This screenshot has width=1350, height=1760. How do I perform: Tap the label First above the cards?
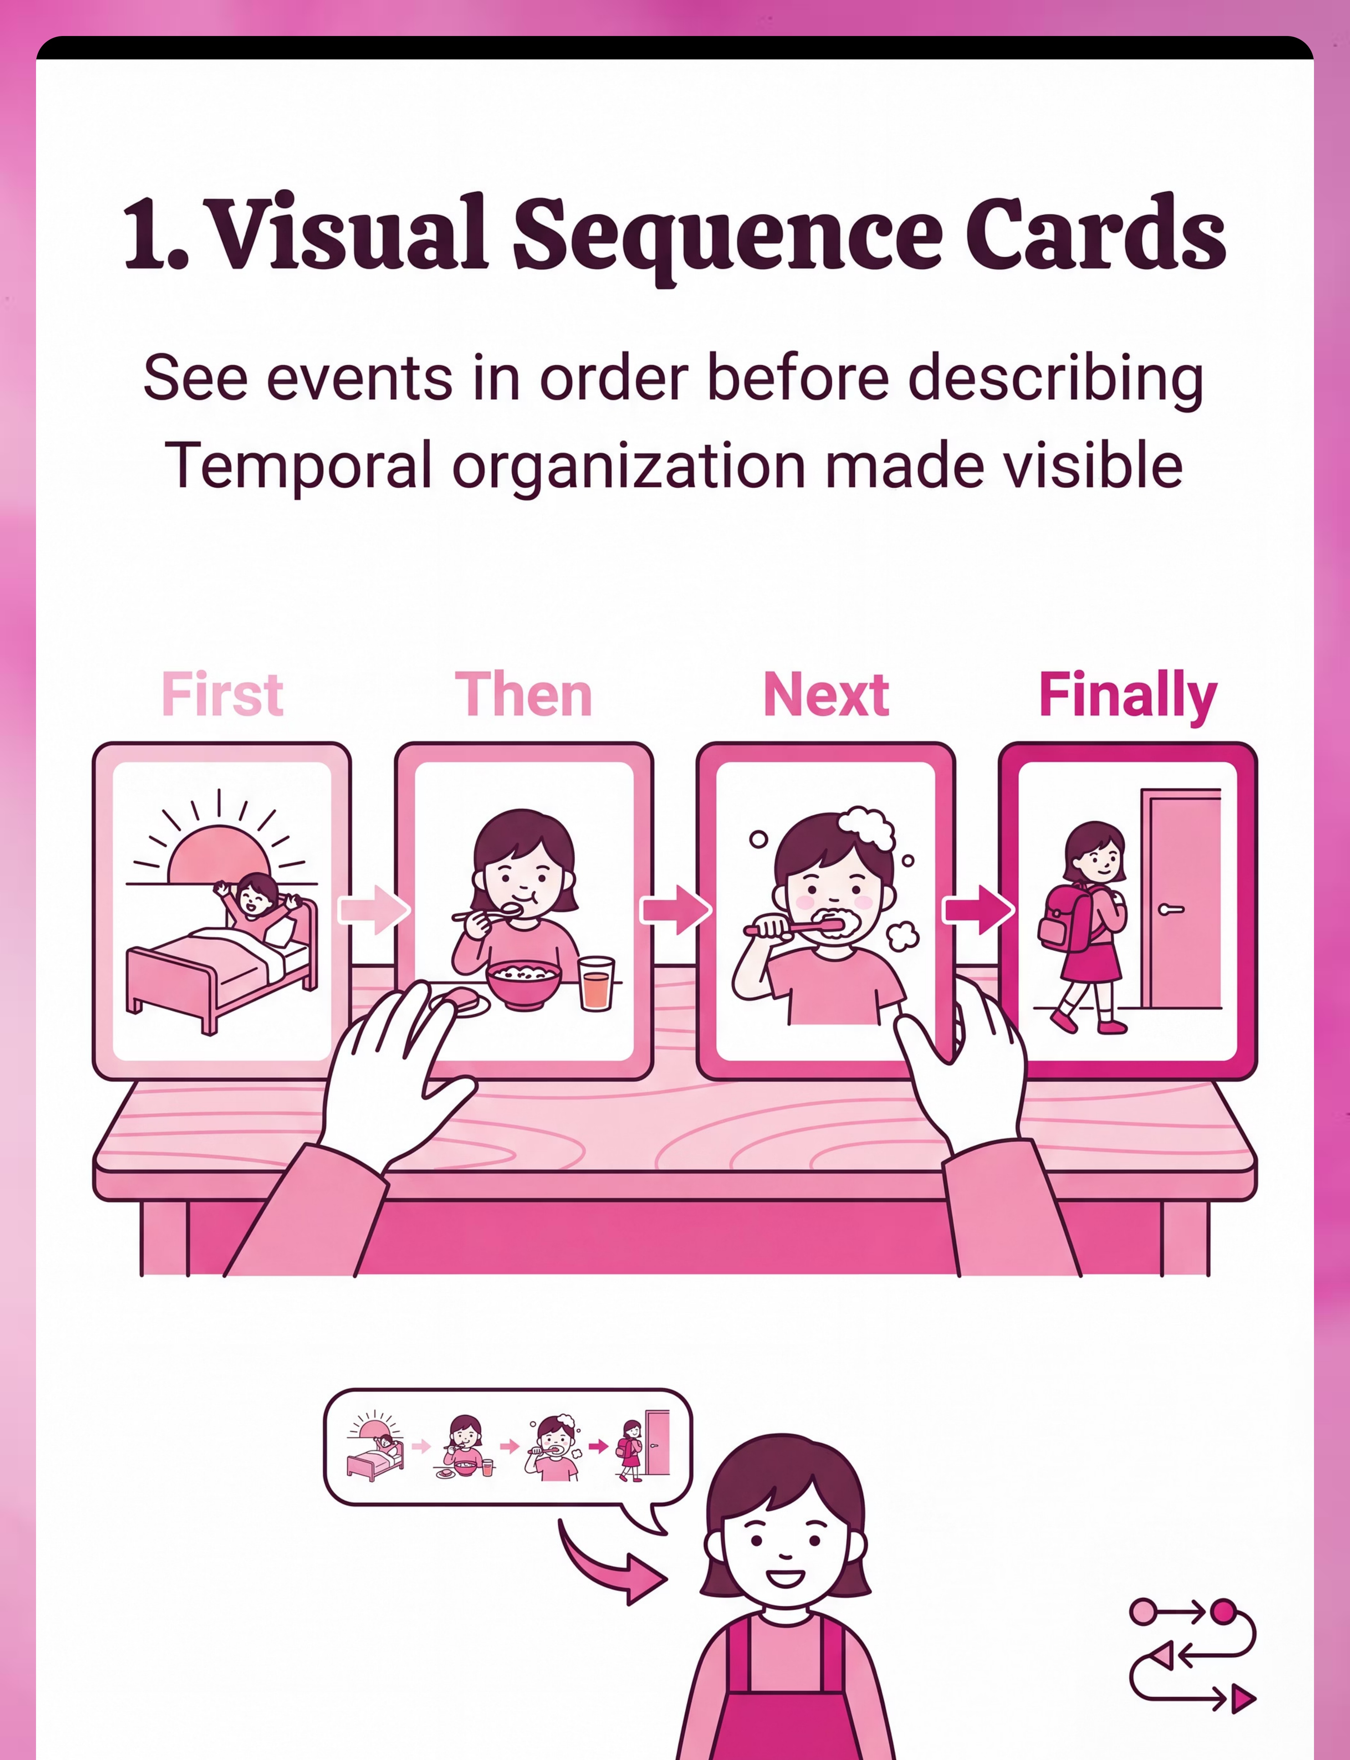222,694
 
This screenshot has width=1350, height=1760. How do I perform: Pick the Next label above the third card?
826,694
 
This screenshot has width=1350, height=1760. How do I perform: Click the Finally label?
1128,696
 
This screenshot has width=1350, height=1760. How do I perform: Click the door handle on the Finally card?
1171,909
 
